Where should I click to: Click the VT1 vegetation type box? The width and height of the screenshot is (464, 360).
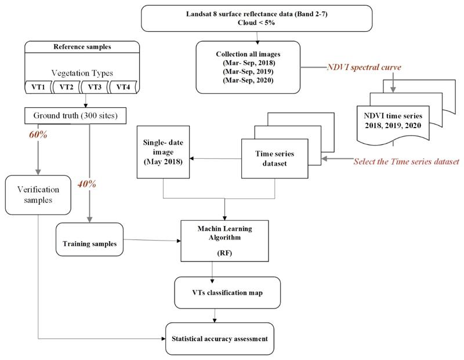click(38, 88)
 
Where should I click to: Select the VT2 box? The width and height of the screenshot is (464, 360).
click(67, 88)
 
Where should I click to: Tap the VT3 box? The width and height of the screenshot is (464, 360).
click(95, 88)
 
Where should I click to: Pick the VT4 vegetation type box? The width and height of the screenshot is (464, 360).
click(123, 88)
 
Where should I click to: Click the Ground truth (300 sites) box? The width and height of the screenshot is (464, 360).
click(75, 115)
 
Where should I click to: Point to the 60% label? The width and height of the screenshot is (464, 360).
click(38, 134)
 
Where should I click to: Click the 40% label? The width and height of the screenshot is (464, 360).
click(86, 184)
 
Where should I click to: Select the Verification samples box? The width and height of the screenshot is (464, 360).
click(38, 195)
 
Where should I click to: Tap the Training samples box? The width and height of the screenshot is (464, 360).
click(90, 239)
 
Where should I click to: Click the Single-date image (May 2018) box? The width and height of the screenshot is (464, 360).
click(163, 152)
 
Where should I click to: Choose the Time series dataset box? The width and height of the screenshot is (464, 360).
click(274, 159)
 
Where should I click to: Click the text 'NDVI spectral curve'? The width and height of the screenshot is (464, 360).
click(364, 67)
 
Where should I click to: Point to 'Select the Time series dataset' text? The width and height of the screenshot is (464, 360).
click(407, 161)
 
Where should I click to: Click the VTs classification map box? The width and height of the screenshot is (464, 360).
click(227, 293)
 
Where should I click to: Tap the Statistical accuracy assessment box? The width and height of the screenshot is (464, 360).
click(220, 339)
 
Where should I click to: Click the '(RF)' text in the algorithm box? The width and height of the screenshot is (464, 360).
click(224, 253)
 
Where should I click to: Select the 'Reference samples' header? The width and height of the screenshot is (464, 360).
click(82, 47)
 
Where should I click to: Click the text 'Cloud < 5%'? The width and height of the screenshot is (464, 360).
click(256, 23)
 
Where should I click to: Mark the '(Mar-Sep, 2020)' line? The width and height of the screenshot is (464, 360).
click(248, 80)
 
